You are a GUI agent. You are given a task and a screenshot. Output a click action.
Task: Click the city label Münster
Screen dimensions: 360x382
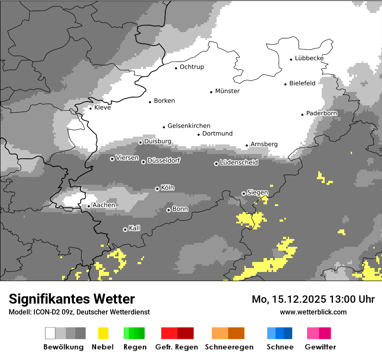coord(227,91)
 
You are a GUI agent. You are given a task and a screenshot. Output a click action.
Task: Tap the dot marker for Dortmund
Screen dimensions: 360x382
coord(199,134)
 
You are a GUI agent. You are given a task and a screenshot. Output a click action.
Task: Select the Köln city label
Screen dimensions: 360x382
coord(168,188)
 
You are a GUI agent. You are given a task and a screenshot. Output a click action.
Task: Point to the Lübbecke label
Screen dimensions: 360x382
coord(309,58)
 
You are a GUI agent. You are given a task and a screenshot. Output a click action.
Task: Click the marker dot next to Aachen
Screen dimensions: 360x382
coord(89,206)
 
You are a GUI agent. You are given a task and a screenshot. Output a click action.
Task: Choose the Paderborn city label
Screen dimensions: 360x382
coord(322,113)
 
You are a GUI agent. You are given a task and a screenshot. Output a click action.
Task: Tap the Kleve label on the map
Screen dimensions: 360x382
coord(102,108)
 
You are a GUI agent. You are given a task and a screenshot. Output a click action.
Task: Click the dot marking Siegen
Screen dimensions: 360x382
coord(244,193)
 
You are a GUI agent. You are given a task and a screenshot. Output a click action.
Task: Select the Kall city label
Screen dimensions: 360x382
coord(135,228)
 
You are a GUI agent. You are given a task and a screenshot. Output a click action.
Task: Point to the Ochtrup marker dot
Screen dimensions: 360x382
coord(176,68)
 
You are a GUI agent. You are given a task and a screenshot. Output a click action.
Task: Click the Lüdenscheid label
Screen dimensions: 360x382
coord(239,163)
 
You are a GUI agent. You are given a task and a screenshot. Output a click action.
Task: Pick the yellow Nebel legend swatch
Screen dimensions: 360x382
coord(103,333)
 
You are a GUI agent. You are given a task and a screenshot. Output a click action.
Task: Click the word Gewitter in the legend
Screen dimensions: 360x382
coord(320,347)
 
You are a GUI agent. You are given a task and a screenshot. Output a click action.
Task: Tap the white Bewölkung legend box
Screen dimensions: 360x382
coord(50,333)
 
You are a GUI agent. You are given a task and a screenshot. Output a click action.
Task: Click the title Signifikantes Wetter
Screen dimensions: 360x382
coord(72,299)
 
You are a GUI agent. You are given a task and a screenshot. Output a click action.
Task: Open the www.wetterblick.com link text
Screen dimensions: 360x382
coord(313,312)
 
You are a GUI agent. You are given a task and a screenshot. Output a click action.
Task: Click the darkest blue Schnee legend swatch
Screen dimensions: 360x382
coord(288,333)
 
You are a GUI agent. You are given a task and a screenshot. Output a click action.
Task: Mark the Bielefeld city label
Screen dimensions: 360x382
coord(302,83)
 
